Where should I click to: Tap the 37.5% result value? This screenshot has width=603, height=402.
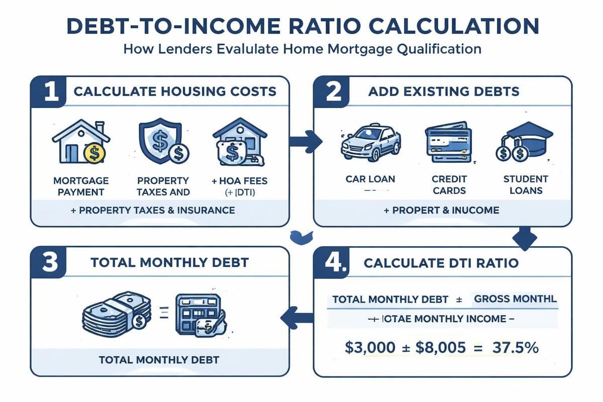click(x=513, y=348)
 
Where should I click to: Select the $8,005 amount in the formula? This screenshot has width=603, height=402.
click(x=442, y=348)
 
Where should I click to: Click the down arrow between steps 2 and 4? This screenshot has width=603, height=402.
click(x=526, y=238)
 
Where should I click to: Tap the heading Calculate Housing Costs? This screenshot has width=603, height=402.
click(x=175, y=91)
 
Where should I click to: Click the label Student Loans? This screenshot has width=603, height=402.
click(x=525, y=185)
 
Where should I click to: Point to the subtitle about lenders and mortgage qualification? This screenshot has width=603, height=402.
click(x=301, y=49)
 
